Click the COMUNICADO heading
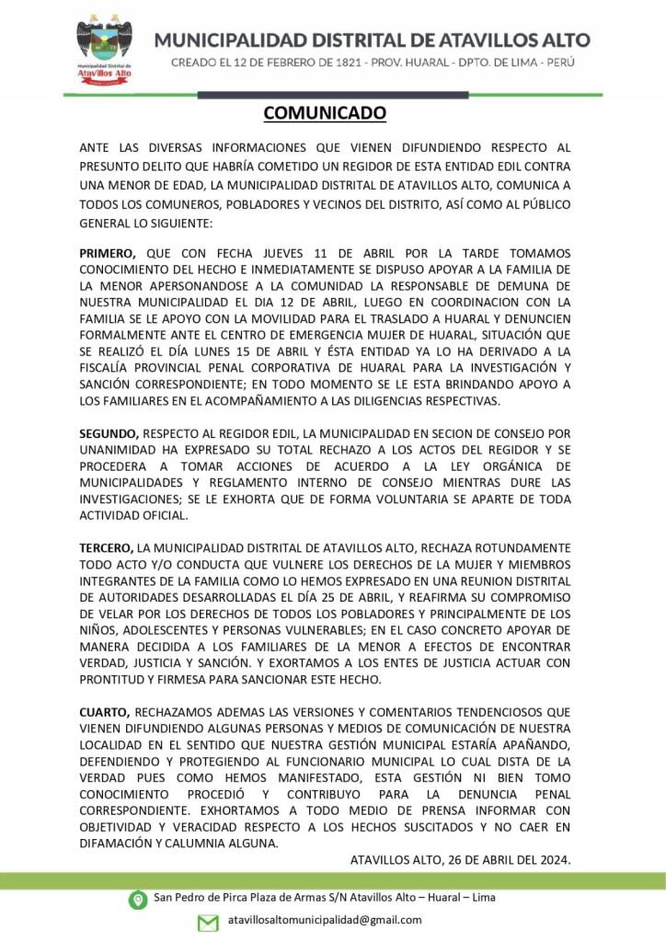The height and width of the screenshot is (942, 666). (x=324, y=113)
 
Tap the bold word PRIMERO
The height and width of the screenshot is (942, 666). (x=107, y=253)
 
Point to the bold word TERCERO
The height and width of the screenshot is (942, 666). (x=107, y=547)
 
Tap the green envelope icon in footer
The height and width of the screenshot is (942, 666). (x=208, y=921)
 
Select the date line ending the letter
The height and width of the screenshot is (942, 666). (x=461, y=860)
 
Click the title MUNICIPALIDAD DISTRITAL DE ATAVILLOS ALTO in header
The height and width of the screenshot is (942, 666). (x=372, y=40)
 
